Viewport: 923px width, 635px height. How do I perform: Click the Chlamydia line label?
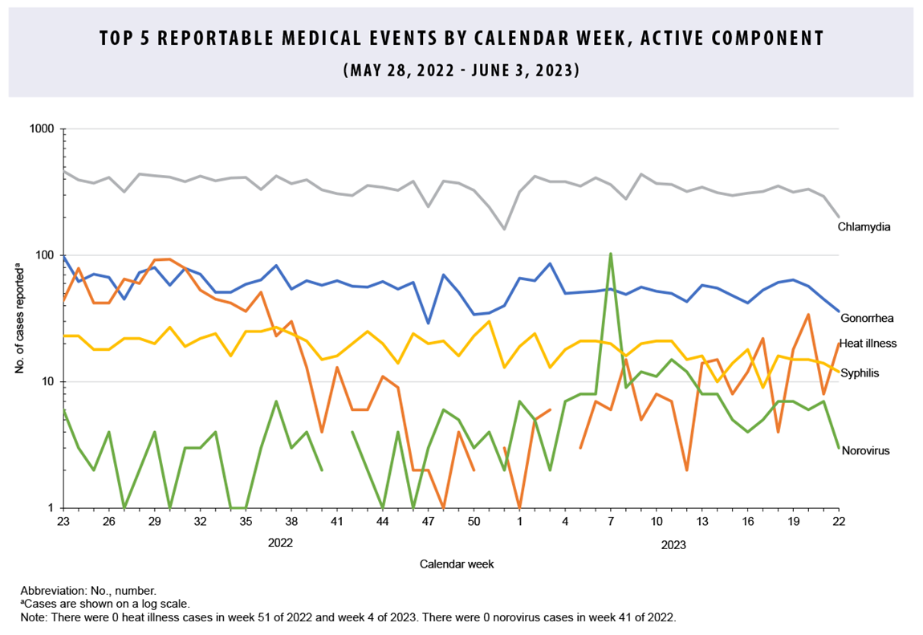click(x=864, y=227)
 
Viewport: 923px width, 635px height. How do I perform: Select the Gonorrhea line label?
click(x=866, y=319)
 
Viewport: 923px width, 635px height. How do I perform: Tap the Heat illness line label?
click(x=868, y=344)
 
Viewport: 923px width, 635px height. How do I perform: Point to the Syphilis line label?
click(x=861, y=373)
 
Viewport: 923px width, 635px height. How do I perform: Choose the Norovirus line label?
click(x=865, y=451)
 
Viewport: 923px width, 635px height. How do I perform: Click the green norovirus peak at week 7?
click(x=611, y=254)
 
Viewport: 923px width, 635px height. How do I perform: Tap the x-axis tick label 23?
click(x=63, y=522)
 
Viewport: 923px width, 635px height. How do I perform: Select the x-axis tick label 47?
click(x=429, y=522)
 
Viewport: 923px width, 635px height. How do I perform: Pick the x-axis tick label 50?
click(x=474, y=522)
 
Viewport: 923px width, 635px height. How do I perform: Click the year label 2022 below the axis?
click(x=280, y=543)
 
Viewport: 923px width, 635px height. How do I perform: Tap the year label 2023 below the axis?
click(x=673, y=545)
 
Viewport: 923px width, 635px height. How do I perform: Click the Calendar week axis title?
click(x=457, y=564)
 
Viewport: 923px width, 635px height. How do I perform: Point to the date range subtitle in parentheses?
click(x=461, y=70)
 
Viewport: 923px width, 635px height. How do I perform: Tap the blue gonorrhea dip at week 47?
click(x=429, y=323)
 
